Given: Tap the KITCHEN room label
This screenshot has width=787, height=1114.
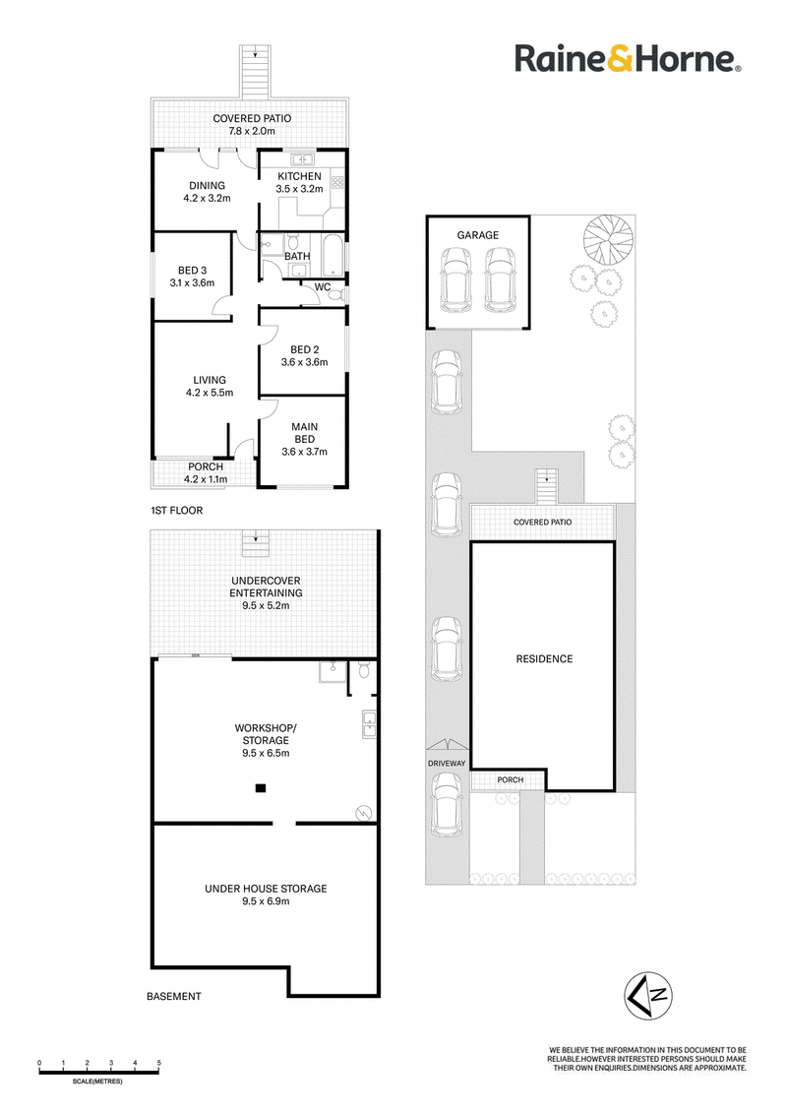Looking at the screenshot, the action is pyautogui.click(x=299, y=176).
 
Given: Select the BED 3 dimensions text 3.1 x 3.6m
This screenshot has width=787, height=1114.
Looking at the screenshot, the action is pyautogui.click(x=192, y=282).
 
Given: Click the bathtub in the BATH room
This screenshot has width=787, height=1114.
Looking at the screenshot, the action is pyautogui.click(x=333, y=256).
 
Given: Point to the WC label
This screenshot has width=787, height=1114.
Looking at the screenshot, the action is pyautogui.click(x=323, y=287).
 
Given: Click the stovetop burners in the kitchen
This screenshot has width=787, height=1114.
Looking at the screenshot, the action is pyautogui.click(x=337, y=183).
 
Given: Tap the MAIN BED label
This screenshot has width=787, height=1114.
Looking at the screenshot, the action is pyautogui.click(x=305, y=433).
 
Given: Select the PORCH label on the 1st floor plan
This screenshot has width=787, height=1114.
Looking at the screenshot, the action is pyautogui.click(x=206, y=466).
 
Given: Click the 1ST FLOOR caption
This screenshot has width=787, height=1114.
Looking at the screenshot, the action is pyautogui.click(x=177, y=510).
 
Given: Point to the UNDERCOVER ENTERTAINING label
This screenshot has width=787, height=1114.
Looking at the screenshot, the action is pyautogui.click(x=266, y=587).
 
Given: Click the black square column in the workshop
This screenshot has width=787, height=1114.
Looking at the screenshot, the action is pyautogui.click(x=261, y=787).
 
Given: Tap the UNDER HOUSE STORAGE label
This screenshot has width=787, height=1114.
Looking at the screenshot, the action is pyautogui.click(x=266, y=888).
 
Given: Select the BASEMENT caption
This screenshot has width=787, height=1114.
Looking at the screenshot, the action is pyautogui.click(x=174, y=996).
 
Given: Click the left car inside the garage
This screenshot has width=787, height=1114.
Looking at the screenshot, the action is pyautogui.click(x=456, y=279).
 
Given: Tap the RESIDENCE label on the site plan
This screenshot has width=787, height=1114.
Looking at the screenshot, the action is pyautogui.click(x=544, y=658).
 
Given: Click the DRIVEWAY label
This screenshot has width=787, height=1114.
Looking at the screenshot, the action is pyautogui.click(x=447, y=763).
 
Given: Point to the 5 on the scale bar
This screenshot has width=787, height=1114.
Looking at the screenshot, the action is pyautogui.click(x=159, y=1063).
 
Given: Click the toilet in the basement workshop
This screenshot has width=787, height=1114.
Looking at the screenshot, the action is pyautogui.click(x=364, y=669).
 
